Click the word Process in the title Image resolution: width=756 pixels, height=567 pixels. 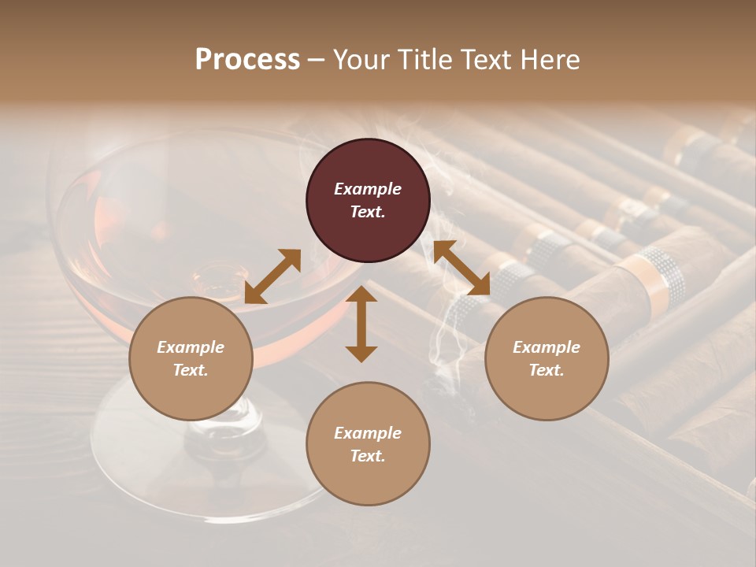[247, 60]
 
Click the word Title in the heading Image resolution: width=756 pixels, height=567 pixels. [427, 60]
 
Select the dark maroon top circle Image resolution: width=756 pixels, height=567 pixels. [368, 200]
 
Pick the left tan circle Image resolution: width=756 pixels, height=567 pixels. [191, 358]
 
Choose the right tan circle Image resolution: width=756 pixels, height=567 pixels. [547, 358]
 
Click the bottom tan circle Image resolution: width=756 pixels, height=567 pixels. [368, 444]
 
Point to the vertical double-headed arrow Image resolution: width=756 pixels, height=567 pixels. [361, 324]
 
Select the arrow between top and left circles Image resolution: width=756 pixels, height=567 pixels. [272, 276]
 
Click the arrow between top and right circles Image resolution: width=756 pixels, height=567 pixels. [461, 269]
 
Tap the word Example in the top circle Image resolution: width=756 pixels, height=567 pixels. [368, 189]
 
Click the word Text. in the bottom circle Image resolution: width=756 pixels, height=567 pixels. [368, 456]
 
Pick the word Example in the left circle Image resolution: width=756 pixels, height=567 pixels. [191, 347]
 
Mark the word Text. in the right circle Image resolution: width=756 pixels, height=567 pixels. [547, 370]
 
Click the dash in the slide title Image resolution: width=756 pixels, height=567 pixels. [316, 60]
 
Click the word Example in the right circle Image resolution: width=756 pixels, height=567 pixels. [547, 347]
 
